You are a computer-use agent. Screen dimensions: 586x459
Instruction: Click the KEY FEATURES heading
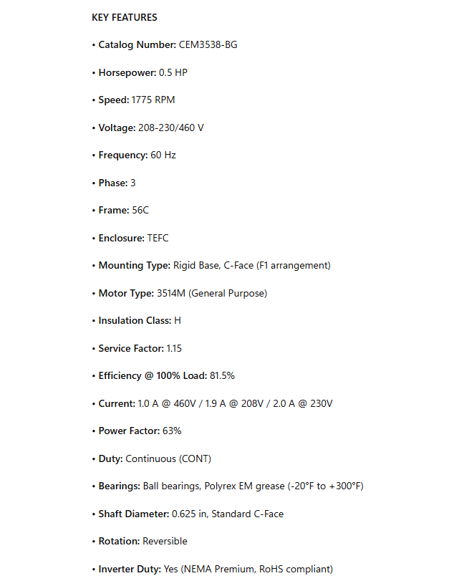click(x=125, y=17)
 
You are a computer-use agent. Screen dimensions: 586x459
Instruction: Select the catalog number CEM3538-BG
click(x=208, y=44)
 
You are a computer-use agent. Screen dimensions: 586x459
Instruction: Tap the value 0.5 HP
click(x=173, y=72)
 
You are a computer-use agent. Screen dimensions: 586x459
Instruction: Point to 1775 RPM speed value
click(x=153, y=100)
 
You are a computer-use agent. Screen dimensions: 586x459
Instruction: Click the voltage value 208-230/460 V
click(x=171, y=128)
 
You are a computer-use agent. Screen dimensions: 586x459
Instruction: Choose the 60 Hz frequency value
click(x=163, y=155)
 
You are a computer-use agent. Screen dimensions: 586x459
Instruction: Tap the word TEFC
click(x=158, y=238)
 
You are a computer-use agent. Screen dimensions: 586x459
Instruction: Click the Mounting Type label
click(x=135, y=265)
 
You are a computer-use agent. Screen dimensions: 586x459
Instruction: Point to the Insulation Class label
click(x=135, y=320)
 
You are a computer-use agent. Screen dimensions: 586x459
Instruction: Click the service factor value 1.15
click(x=175, y=348)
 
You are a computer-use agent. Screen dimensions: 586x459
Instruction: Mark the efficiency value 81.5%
click(x=223, y=375)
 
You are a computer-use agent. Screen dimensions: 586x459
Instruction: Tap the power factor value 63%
click(x=172, y=431)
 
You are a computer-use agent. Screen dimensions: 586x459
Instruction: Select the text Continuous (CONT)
click(x=168, y=458)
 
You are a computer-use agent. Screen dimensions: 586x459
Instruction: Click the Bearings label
click(x=119, y=486)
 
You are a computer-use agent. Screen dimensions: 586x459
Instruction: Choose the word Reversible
click(x=165, y=541)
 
